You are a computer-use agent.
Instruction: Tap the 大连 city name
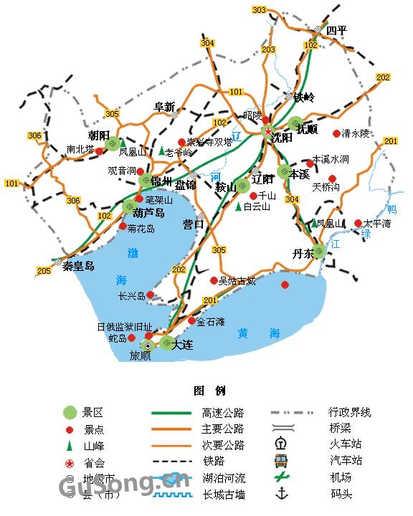(x=183, y=345)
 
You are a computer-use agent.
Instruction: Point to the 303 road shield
(x=259, y=10)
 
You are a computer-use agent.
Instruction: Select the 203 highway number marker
(x=268, y=49)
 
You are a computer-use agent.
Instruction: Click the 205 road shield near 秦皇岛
(x=44, y=270)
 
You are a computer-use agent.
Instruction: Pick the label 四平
(x=336, y=31)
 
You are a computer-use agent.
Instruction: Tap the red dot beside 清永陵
(x=336, y=133)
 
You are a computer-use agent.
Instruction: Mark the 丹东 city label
(x=303, y=254)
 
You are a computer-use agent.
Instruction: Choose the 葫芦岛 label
(x=149, y=214)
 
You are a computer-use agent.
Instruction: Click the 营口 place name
(x=193, y=224)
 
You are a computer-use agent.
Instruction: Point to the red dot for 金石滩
(x=191, y=321)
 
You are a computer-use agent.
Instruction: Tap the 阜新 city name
(x=164, y=107)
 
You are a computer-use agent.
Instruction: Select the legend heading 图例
(x=209, y=391)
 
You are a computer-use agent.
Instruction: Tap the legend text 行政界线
(x=350, y=412)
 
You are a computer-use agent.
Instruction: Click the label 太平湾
(x=377, y=224)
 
